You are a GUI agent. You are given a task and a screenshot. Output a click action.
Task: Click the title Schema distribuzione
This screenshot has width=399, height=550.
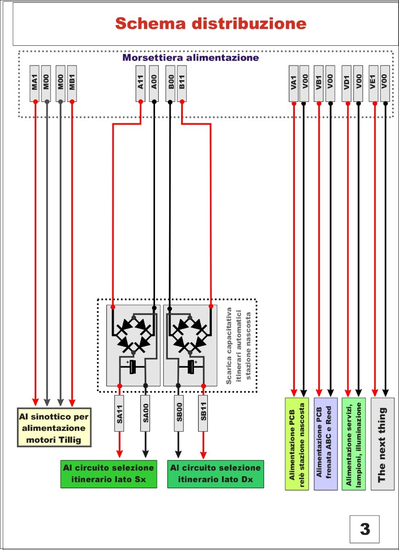coord(210,23)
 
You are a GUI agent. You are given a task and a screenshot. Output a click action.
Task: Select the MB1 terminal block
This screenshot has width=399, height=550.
coord(72,84)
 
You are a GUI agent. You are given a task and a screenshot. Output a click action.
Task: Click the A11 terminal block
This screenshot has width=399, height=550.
coord(141,84)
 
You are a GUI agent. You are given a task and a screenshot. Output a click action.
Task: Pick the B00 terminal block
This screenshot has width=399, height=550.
coord(170,84)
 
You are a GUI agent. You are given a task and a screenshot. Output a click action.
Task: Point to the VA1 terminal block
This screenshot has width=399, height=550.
coord(294,84)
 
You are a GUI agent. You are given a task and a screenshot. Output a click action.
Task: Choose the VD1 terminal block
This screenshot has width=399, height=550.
coord(348,84)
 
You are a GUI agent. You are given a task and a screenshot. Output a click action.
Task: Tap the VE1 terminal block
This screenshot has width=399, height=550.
coord(375,84)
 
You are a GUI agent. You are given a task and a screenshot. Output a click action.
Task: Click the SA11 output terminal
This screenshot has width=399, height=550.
coord(119,413)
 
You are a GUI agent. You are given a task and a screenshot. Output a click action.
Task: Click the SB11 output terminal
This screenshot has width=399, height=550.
coord(203,413)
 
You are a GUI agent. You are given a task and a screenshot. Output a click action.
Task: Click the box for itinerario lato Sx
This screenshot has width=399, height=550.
coord(108,474)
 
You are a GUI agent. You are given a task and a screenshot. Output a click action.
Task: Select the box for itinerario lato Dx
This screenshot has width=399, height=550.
coord(216,474)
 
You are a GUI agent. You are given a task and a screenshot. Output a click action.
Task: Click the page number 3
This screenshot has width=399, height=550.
coord(365,529)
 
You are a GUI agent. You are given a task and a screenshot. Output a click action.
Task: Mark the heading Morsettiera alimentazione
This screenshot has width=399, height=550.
coord(191,58)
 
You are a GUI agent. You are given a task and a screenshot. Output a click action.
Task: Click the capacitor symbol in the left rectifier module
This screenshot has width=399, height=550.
coord(133,367)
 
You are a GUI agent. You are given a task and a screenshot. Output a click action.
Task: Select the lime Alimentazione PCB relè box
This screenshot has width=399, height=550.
coord(296,444)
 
